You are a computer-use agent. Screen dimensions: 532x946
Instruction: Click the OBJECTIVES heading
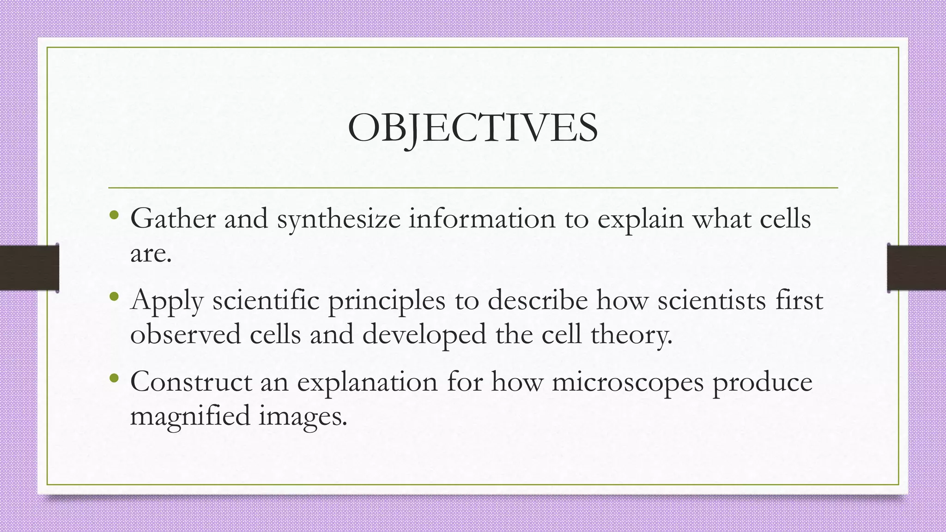[x=473, y=128]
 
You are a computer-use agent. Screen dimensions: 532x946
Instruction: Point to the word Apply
[x=167, y=301]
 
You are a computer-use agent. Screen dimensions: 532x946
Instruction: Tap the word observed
[x=185, y=334]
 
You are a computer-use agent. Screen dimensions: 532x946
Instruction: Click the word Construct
[x=191, y=382]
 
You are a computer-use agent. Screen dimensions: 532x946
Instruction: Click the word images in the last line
[x=302, y=416]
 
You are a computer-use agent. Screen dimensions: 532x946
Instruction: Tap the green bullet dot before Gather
[x=114, y=215]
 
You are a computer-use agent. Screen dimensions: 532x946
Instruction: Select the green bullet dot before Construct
[x=114, y=378]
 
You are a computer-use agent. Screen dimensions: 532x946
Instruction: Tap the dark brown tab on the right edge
[x=916, y=268]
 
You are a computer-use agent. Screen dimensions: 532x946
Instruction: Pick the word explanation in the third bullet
[x=367, y=383]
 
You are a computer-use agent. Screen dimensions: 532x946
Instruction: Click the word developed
[x=424, y=334]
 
